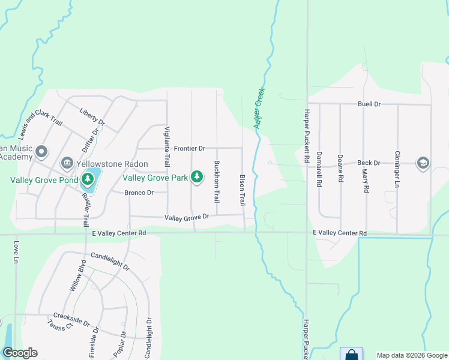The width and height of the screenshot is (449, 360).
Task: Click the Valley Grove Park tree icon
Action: pos(196,176)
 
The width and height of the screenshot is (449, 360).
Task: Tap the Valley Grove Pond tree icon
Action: pos(88,179)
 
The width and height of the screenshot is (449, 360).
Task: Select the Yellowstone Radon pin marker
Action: pos(67,163)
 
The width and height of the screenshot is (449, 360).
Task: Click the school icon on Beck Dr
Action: pos(423,163)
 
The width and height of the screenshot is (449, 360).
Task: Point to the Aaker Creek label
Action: pos(259,107)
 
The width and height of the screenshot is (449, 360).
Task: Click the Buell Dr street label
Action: pos(369,104)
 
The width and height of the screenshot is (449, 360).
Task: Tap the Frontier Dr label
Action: pos(190,148)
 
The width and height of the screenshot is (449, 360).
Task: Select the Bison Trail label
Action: pos(243,190)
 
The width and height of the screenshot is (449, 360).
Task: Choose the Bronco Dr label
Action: pos(139,193)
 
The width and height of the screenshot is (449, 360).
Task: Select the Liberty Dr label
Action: pos(92,116)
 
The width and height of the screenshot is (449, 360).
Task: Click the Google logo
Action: pos(20,353)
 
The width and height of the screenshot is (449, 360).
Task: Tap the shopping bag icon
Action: pos(351,355)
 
